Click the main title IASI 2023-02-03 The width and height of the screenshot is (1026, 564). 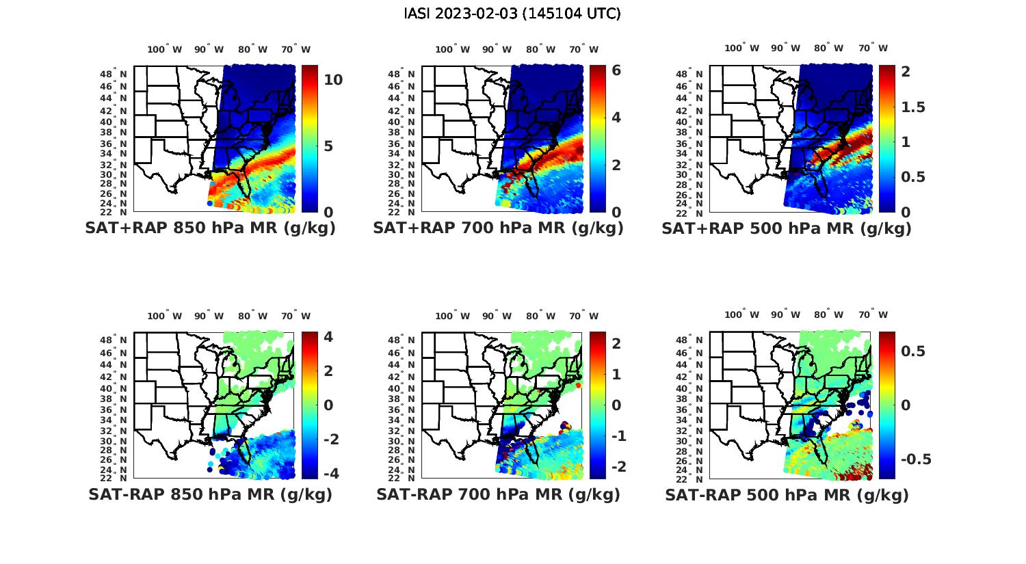512,13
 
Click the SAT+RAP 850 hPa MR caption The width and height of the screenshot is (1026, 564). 211,228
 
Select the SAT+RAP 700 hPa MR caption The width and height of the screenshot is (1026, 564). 499,228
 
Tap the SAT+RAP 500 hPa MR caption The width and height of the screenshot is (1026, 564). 787,228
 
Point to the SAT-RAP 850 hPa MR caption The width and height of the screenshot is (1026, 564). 211,494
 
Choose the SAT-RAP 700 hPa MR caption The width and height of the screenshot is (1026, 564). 499,494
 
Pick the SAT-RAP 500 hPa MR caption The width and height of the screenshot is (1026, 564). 787,494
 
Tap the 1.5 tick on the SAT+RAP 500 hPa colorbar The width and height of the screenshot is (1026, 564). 913,107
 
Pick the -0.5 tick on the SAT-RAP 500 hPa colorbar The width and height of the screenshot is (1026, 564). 915,459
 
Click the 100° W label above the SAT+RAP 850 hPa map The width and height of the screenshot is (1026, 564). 165,49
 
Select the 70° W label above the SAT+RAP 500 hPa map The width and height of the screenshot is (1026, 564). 873,48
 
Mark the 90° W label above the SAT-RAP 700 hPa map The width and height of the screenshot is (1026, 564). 497,316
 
